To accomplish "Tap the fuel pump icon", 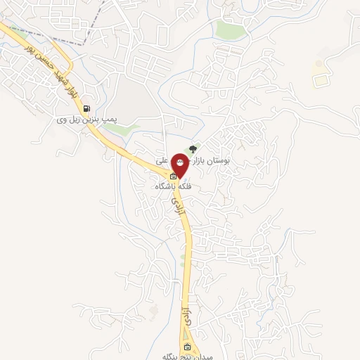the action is [86, 108].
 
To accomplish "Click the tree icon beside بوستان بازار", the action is [193, 149].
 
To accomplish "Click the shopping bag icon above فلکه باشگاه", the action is [174, 176].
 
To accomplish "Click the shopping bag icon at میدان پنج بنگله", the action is [187, 347].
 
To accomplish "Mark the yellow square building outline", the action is [321, 81].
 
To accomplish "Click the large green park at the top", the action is [231, 30].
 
